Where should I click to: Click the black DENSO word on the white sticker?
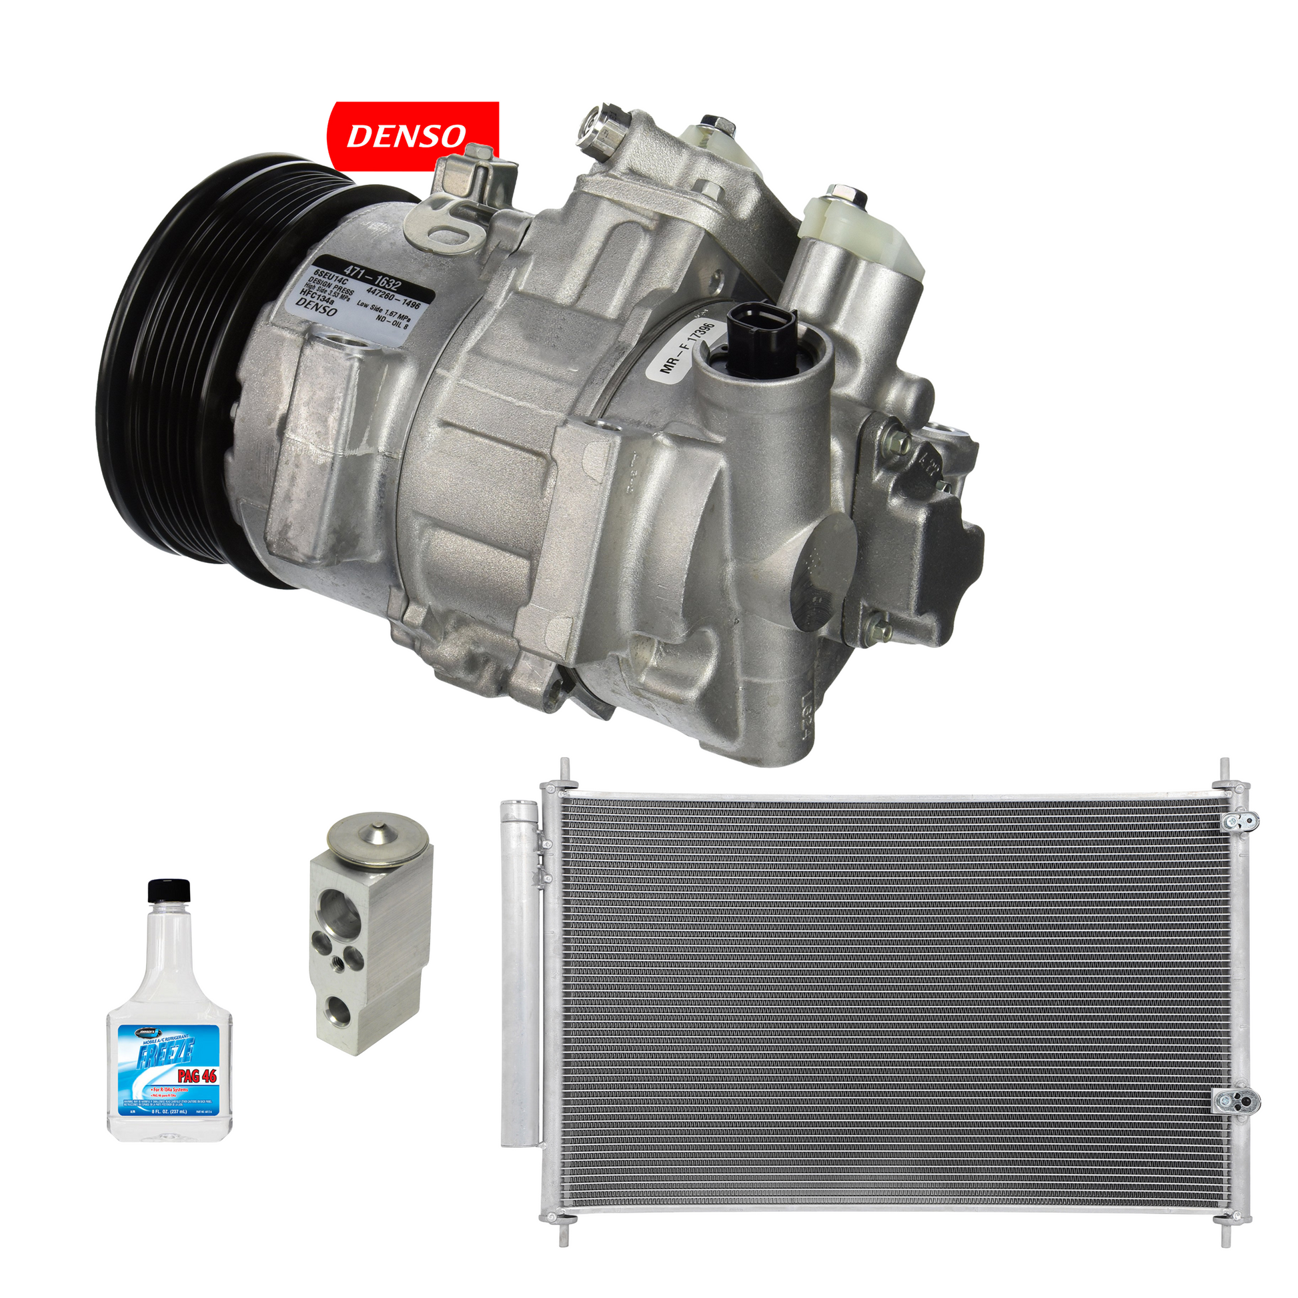(x=316, y=308)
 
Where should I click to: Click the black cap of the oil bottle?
(x=169, y=890)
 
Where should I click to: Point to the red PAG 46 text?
(x=197, y=1076)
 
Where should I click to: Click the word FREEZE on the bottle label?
(x=165, y=1053)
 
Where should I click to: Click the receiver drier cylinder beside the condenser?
(x=520, y=967)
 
